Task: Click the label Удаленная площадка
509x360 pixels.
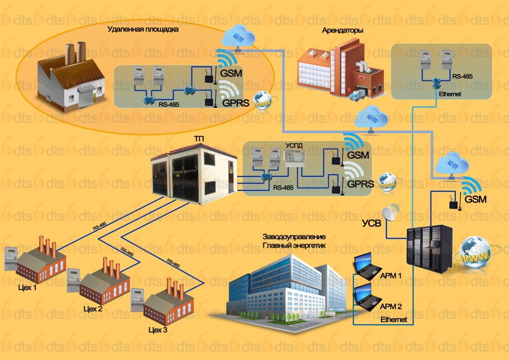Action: pos(143,30)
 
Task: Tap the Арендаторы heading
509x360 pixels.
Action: pos(343,31)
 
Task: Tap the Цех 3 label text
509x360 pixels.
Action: pos(158,330)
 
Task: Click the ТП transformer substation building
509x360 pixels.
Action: pos(185,173)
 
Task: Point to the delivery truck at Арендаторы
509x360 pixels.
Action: pos(358,96)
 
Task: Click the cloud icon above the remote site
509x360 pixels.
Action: pos(237,38)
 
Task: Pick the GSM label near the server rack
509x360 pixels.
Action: pos(475,199)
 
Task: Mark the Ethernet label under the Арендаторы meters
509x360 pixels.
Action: pos(450,94)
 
